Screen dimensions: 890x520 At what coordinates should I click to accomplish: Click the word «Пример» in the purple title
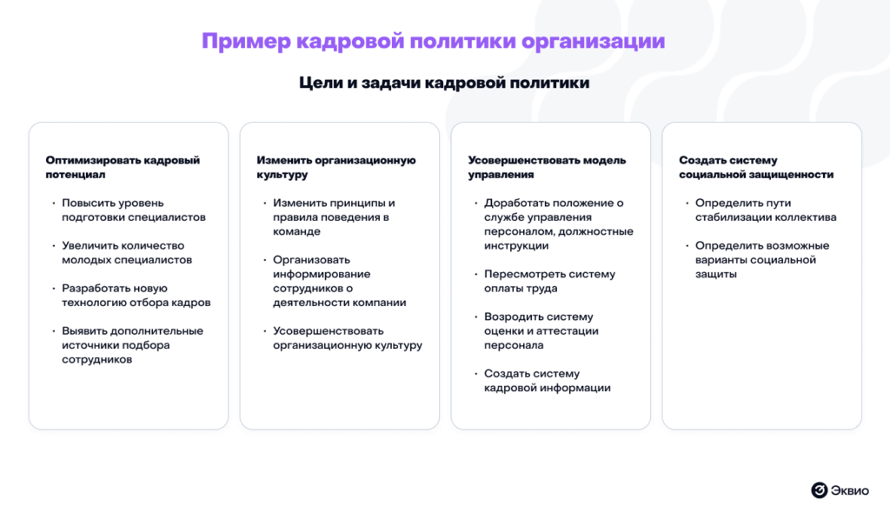click(x=246, y=42)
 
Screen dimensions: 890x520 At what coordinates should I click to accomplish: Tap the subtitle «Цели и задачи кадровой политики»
click(x=444, y=83)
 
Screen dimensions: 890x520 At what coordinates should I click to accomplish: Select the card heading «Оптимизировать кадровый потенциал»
click(x=123, y=167)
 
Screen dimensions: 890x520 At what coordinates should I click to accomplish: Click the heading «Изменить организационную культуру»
click(x=336, y=167)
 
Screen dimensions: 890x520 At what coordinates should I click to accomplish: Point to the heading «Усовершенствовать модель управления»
click(x=547, y=167)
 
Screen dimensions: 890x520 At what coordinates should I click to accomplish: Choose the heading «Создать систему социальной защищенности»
click(x=756, y=167)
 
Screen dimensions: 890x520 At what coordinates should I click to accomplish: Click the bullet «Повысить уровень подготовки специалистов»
click(x=133, y=210)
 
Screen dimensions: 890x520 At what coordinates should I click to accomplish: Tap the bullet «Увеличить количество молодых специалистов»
click(x=127, y=253)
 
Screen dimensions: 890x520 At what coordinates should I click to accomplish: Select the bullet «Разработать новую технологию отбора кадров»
click(x=136, y=295)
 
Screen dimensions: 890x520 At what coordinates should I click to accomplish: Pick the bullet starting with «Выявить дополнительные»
click(x=132, y=344)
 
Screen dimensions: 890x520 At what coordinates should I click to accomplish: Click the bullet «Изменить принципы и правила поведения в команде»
click(x=334, y=217)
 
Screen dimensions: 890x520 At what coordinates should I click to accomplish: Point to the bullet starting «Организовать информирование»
click(x=340, y=281)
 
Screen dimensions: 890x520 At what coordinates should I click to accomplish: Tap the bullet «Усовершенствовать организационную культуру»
click(x=348, y=337)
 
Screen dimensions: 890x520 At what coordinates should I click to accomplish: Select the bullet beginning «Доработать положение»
click(x=559, y=224)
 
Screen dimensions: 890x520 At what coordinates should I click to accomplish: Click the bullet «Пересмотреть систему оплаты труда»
click(x=549, y=281)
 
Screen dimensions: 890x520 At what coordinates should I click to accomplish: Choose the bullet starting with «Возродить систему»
click(x=541, y=330)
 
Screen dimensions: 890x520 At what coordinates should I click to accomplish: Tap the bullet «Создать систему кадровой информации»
click(x=548, y=380)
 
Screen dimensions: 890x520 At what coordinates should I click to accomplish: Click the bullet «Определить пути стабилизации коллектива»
click(x=766, y=210)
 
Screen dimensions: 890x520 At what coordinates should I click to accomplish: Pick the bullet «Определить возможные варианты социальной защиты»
click(x=762, y=259)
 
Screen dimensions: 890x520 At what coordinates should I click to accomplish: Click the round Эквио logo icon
click(x=819, y=490)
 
